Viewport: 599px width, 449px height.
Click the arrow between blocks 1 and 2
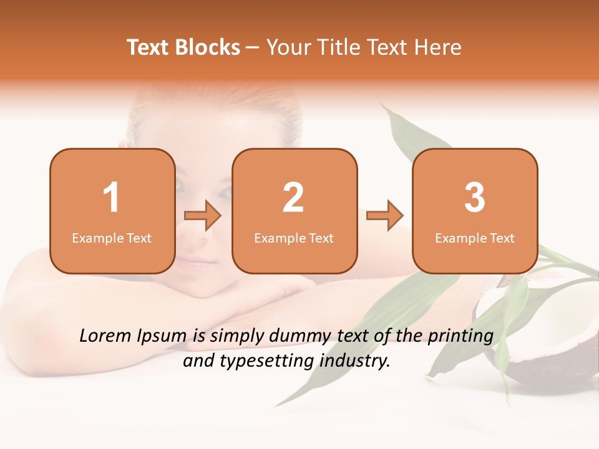coord(203,216)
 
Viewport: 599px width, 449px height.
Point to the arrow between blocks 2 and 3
coord(385,216)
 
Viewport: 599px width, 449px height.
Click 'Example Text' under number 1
coord(112,238)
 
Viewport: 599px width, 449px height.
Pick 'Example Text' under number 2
coord(294,238)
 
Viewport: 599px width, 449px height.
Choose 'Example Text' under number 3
coord(475,238)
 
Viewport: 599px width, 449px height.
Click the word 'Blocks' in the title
coord(208,47)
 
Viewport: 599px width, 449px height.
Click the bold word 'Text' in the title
coord(149,47)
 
